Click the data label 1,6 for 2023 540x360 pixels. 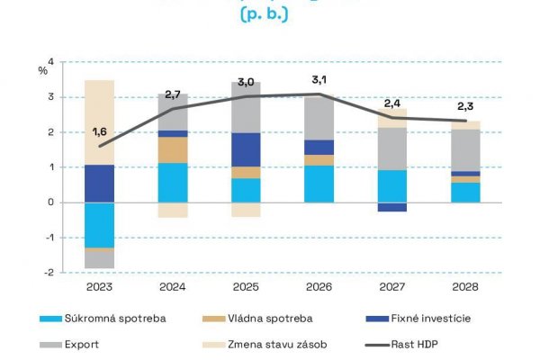click(100, 133)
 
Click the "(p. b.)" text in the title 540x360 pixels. click(265, 16)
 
